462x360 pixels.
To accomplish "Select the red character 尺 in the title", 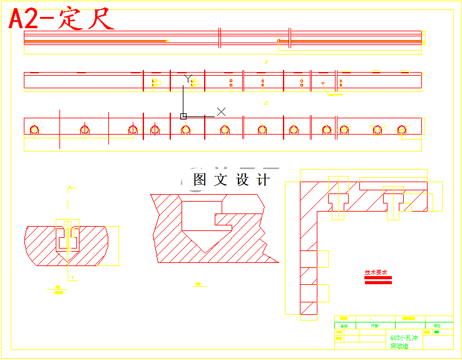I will click(x=100, y=19).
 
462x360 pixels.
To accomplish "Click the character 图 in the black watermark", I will click(x=200, y=180).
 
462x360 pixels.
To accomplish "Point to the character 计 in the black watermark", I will click(x=264, y=180).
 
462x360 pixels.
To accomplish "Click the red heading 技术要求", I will click(x=376, y=272).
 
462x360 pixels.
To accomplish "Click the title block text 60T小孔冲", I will click(x=403, y=337).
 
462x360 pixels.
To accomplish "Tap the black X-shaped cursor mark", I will click(x=221, y=111).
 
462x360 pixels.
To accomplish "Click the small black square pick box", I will click(x=183, y=116).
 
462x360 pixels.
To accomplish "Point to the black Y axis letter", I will click(x=187, y=78).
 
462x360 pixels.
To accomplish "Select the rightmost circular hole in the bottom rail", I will click(x=402, y=130).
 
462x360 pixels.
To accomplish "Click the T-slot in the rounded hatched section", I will click(x=68, y=237).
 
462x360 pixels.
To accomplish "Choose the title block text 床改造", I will click(x=399, y=346).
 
